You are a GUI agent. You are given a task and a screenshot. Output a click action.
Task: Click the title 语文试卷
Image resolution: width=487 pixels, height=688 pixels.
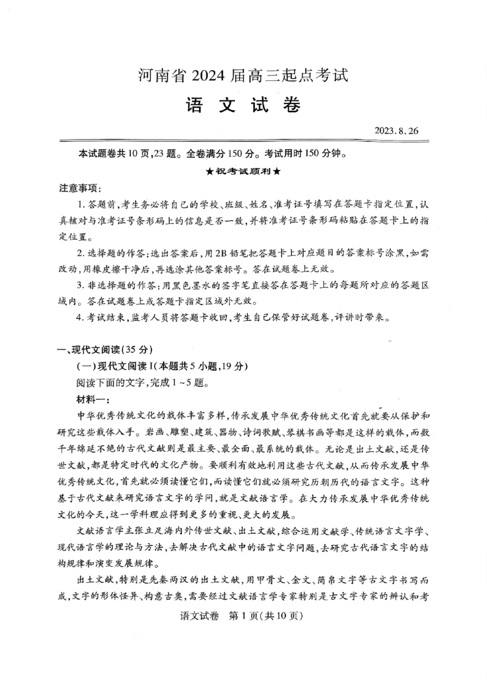243,105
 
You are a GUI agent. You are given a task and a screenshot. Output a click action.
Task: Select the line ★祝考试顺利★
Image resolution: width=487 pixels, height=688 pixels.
243,170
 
